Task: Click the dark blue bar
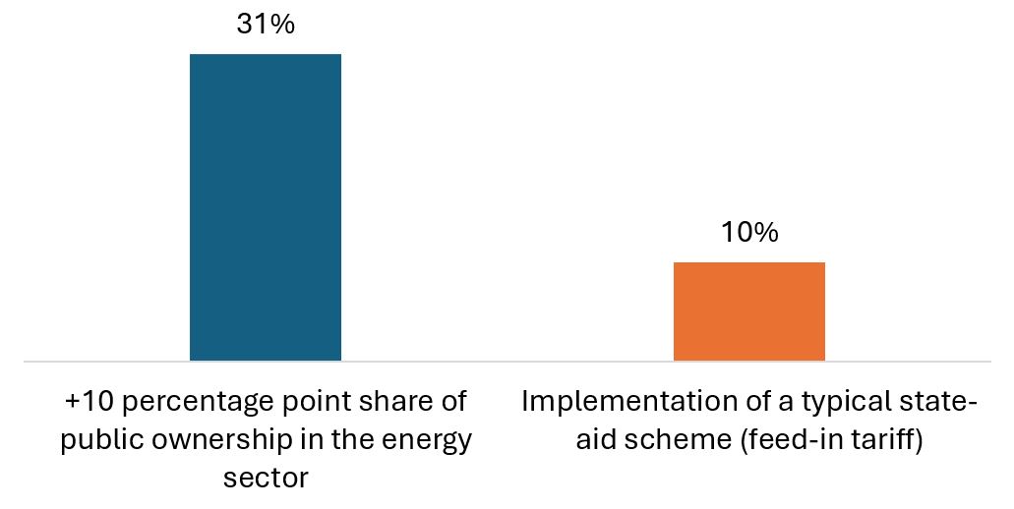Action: coord(266,207)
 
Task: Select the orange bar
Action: coord(748,311)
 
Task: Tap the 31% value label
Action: coord(266,25)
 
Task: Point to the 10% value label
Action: coord(748,233)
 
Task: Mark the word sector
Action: coord(266,479)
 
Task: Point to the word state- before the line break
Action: coord(941,403)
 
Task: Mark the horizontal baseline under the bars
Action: coord(507,362)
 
